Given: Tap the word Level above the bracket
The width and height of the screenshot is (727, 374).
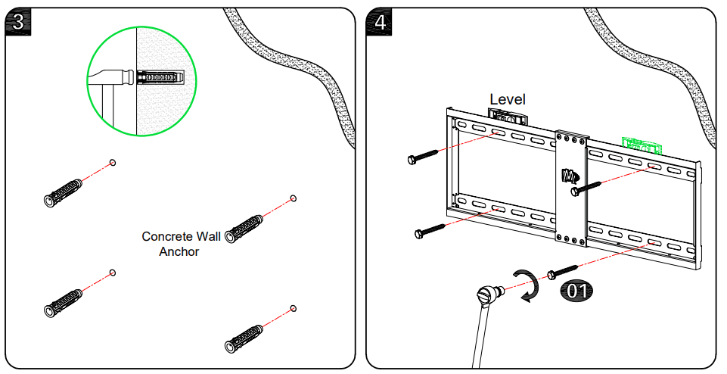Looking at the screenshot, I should tap(507, 99).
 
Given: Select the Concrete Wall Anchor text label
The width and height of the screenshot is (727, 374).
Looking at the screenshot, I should tap(181, 244).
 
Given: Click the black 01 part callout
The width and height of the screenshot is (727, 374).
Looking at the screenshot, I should tap(576, 289).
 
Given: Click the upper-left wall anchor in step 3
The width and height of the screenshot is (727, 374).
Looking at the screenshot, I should tap(64, 192).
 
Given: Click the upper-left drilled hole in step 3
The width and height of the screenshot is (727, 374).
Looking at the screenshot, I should tap(113, 162).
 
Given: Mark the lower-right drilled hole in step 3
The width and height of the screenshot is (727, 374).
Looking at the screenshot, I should tap(294, 308).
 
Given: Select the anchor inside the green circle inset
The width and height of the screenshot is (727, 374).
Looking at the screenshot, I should tap(161, 77).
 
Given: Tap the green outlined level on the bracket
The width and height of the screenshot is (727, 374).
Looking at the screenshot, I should tap(642, 144).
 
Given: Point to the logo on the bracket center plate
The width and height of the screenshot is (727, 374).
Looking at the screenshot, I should tap(569, 176).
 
